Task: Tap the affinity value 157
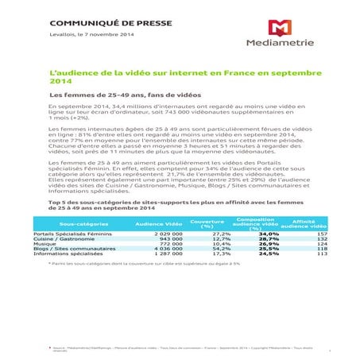tap(322, 235)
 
